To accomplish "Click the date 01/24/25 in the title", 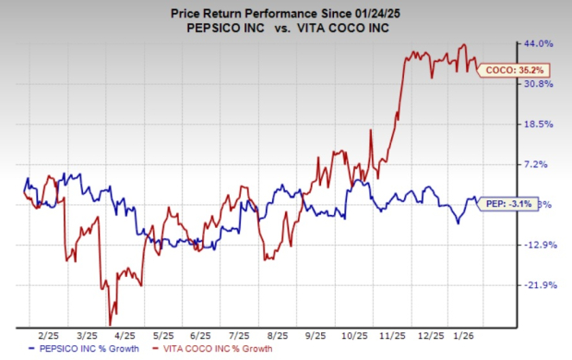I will (363, 10).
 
